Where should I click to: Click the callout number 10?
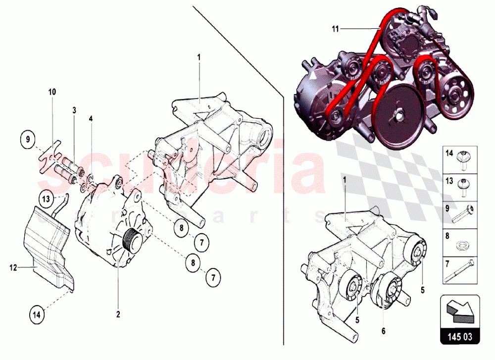click(x=52, y=92)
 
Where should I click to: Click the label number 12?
click(x=13, y=268)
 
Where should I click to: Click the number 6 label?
click(x=383, y=331)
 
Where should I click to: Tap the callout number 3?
click(x=74, y=110)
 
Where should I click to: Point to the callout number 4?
click(x=91, y=119)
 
